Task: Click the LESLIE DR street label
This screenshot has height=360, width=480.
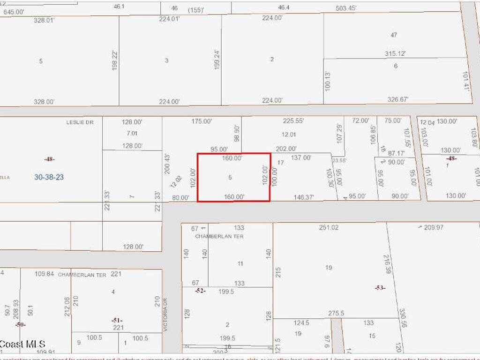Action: [80, 122]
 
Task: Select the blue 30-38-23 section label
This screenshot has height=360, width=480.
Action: [49, 177]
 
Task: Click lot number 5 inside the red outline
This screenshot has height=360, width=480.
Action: [230, 177]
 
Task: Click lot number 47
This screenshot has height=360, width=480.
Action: [394, 35]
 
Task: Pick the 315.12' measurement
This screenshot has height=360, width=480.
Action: [395, 54]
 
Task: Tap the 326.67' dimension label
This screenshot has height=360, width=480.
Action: [397, 99]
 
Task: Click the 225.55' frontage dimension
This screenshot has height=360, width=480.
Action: [293, 120]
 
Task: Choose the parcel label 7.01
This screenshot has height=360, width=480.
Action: [132, 133]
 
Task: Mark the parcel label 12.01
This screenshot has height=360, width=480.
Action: [289, 135]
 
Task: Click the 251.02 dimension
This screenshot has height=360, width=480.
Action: [329, 228]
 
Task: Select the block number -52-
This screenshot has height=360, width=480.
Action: [200, 291]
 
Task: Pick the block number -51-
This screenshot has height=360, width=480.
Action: [117, 320]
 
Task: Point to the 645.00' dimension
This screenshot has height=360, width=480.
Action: [14, 11]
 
